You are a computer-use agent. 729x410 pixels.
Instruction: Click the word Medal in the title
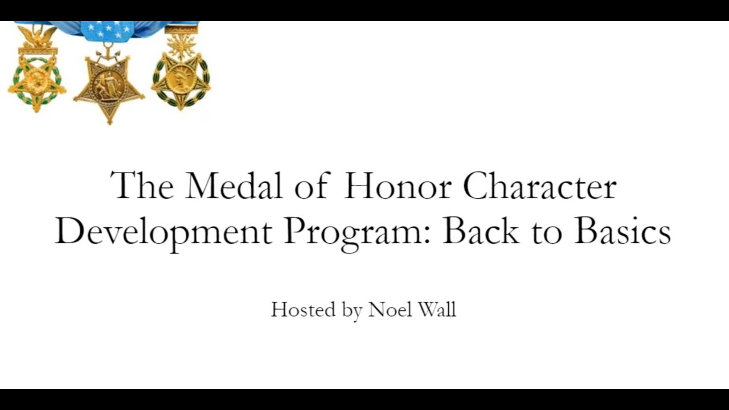(235, 186)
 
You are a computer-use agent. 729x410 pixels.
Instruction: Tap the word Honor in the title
(397, 186)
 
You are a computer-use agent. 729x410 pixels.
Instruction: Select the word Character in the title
(539, 186)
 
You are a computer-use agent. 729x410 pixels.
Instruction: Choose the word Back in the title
(481, 231)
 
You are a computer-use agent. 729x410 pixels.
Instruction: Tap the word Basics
(622, 231)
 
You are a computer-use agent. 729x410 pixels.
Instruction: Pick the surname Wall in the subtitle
(436, 309)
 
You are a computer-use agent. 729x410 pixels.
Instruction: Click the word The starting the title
(142, 186)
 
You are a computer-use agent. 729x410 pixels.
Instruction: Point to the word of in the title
(312, 186)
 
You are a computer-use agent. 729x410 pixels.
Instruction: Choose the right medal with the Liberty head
(181, 77)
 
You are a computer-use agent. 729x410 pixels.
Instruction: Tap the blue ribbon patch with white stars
(108, 31)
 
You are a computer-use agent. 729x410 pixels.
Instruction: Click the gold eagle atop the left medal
(37, 36)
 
